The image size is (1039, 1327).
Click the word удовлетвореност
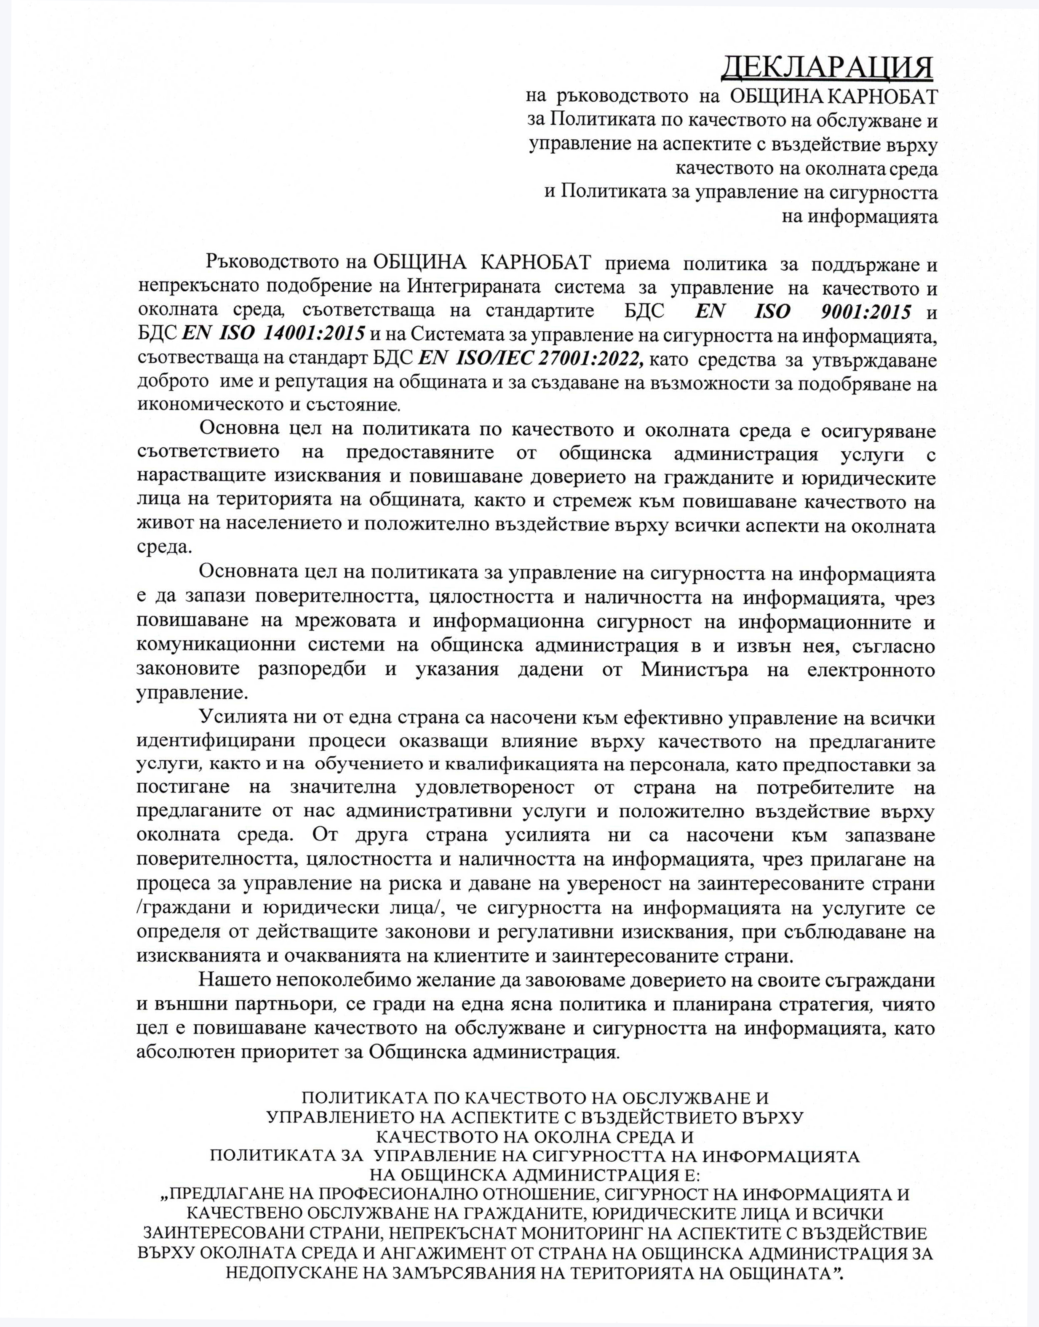coord(494,788)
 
